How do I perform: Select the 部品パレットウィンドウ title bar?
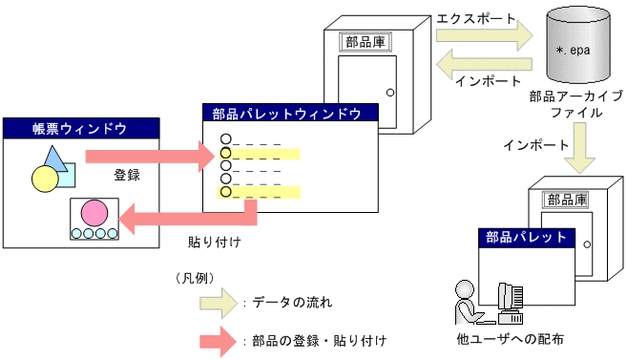tap(290, 114)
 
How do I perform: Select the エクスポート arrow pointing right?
tap(483, 37)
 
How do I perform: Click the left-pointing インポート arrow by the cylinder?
tap(483, 66)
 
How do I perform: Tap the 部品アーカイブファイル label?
tap(575, 104)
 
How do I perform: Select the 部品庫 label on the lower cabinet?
tap(564, 200)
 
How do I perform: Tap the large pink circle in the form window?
tap(94, 212)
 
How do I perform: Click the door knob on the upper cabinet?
tap(389, 93)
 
